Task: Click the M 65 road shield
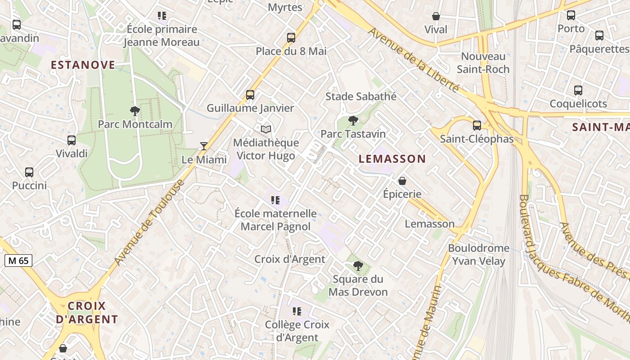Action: point(18,260)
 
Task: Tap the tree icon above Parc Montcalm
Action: point(135,111)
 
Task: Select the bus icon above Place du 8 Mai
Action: point(291,38)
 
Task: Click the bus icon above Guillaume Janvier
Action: point(250,95)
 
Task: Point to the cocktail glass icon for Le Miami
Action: point(204,146)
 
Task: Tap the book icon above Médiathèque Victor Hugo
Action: point(266,130)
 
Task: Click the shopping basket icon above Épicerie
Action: point(402,181)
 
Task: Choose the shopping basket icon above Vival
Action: point(436,16)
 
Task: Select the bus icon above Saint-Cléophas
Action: point(477,126)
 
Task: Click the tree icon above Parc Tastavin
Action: point(353,121)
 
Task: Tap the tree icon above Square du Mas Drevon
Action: point(358,266)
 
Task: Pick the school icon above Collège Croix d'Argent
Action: point(297,311)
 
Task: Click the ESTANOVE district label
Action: point(83,65)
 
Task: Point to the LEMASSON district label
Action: point(392,159)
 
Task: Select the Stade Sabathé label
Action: point(361,96)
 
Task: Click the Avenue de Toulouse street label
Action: point(150,222)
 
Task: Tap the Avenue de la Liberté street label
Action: point(414,60)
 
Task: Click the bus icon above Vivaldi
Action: point(72,140)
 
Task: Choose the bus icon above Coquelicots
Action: point(578,90)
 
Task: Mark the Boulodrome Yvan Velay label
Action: point(479,255)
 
